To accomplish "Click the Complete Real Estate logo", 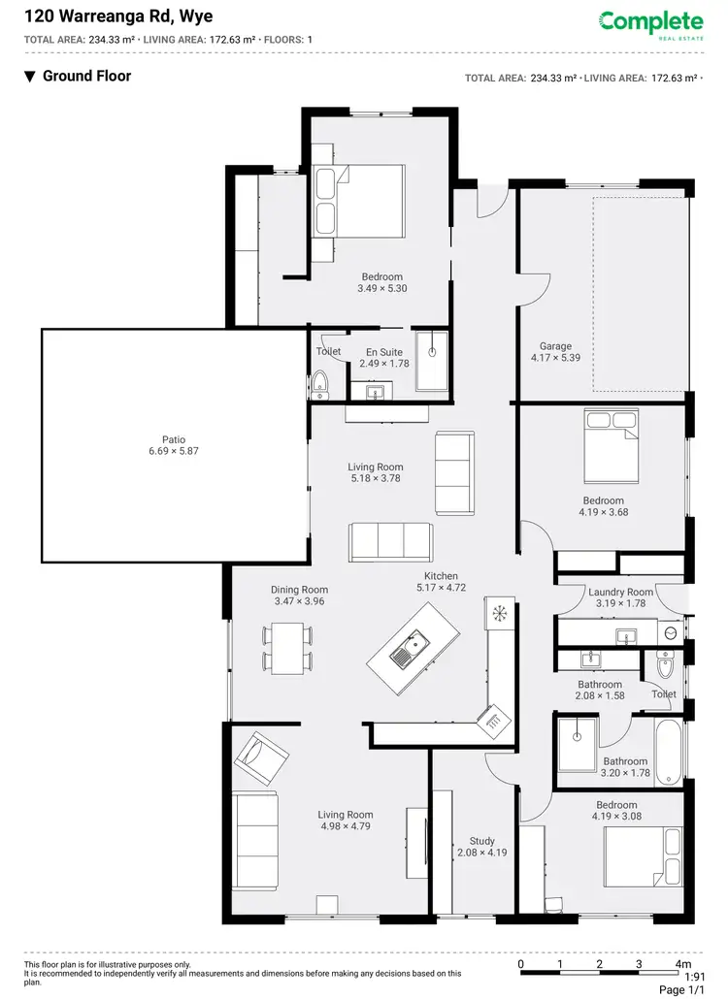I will coord(650,23).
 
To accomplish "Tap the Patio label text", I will coord(174,438).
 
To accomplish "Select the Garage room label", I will coord(556,346).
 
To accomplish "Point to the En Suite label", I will coord(384,352).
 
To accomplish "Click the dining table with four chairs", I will coord(287,649).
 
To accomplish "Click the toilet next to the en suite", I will coord(321,384).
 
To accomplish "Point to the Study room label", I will coord(482,841).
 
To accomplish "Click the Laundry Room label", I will coord(621,592).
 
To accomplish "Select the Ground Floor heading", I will coord(86,76).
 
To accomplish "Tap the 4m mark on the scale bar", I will coord(683,964).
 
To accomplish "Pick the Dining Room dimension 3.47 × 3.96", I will coord(299,602).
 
